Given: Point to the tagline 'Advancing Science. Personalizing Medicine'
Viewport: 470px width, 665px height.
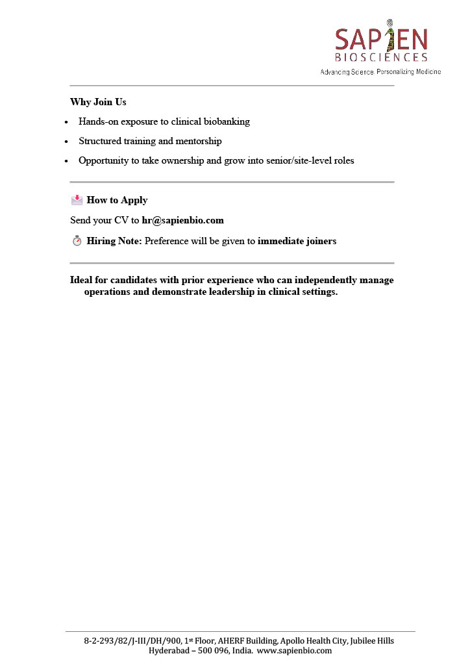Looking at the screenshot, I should point(380,71).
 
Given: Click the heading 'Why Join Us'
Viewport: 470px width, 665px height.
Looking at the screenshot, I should point(98,103).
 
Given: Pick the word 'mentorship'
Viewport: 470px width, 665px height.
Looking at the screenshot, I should point(199,141).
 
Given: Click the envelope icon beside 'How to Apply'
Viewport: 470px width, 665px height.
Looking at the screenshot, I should point(77,199).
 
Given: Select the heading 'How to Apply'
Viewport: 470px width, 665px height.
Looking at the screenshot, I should point(117,200).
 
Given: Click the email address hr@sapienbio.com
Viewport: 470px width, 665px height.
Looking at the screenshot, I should point(182,220).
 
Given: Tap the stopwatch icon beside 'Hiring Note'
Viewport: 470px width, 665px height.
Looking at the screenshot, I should point(77,241).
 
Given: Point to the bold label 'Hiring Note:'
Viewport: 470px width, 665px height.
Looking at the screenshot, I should point(114,241).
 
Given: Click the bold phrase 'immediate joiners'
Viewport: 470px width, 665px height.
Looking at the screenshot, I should point(297,241).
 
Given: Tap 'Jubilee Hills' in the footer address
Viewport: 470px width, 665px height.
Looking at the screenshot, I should point(371,640).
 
